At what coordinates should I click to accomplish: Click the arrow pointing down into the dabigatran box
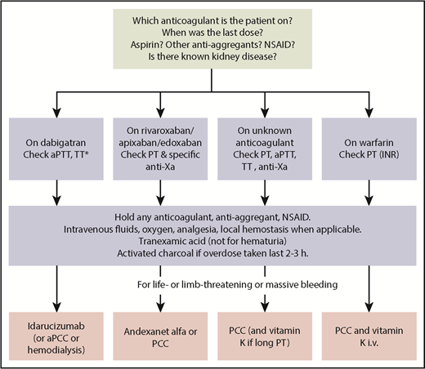point(59,109)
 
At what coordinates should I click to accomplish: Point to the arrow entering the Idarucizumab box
point(59,302)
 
